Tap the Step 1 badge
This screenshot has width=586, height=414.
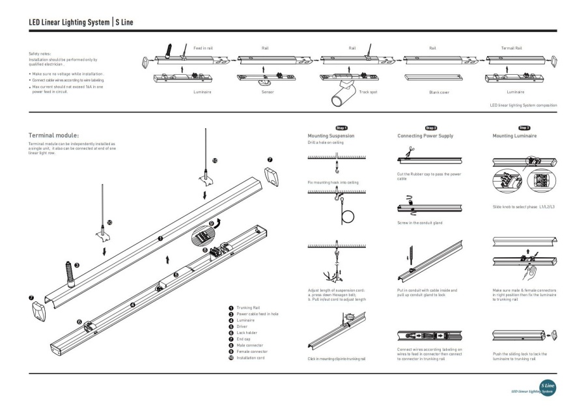(341, 128)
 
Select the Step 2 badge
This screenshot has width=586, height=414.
(430, 128)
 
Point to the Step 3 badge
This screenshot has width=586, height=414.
(523, 128)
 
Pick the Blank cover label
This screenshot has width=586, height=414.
(439, 93)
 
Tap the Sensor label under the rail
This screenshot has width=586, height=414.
(267, 92)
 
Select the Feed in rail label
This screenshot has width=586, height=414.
(204, 48)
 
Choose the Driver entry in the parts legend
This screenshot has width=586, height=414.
(242, 327)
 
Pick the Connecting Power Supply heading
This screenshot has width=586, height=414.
(425, 136)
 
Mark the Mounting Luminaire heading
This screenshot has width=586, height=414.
(515, 136)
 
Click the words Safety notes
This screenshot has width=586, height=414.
(40, 54)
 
